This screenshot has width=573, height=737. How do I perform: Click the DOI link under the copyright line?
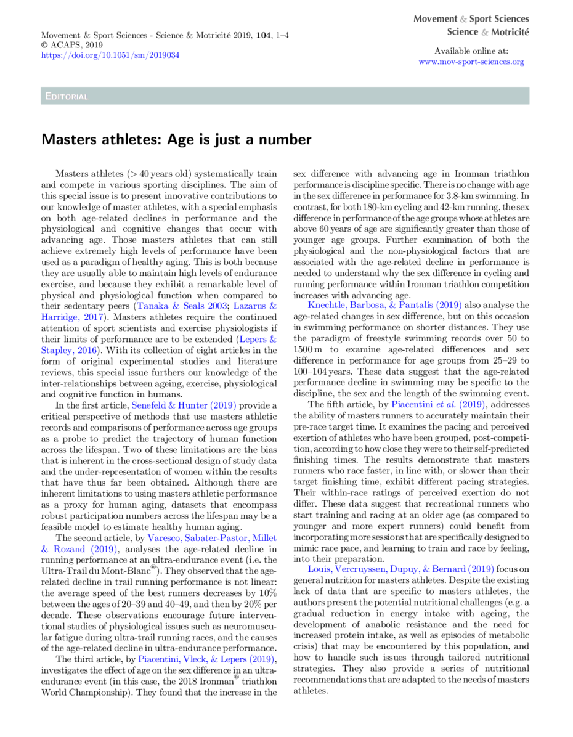click(110, 55)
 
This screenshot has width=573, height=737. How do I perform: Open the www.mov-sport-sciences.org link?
click(471, 62)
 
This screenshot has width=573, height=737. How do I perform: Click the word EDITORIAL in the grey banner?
click(67, 96)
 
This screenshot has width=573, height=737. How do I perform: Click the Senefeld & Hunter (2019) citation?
click(184, 405)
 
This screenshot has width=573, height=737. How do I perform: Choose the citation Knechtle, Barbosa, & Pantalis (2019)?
click(384, 305)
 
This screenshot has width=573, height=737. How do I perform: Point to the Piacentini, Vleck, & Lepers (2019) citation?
click(206, 659)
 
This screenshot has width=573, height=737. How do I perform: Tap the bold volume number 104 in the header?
click(264, 35)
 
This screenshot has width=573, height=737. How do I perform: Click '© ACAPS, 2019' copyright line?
click(71, 45)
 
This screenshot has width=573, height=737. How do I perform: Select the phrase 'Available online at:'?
click(471, 51)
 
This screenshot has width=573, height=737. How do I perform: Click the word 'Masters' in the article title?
click(67, 140)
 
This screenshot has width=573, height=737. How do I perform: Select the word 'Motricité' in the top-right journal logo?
click(510, 32)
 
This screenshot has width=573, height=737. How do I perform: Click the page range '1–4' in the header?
click(283, 35)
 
